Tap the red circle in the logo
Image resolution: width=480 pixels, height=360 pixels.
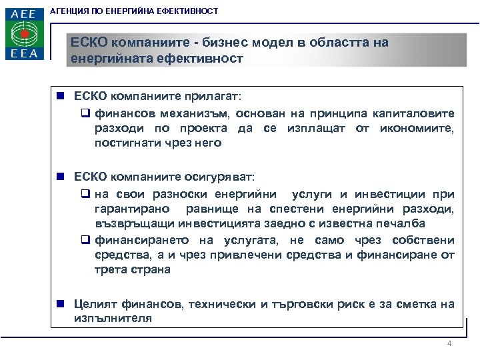point(25,33)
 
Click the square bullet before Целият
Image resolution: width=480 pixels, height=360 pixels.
point(60,304)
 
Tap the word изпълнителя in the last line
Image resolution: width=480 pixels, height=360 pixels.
point(113,319)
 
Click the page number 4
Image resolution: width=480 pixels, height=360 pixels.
point(449,344)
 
